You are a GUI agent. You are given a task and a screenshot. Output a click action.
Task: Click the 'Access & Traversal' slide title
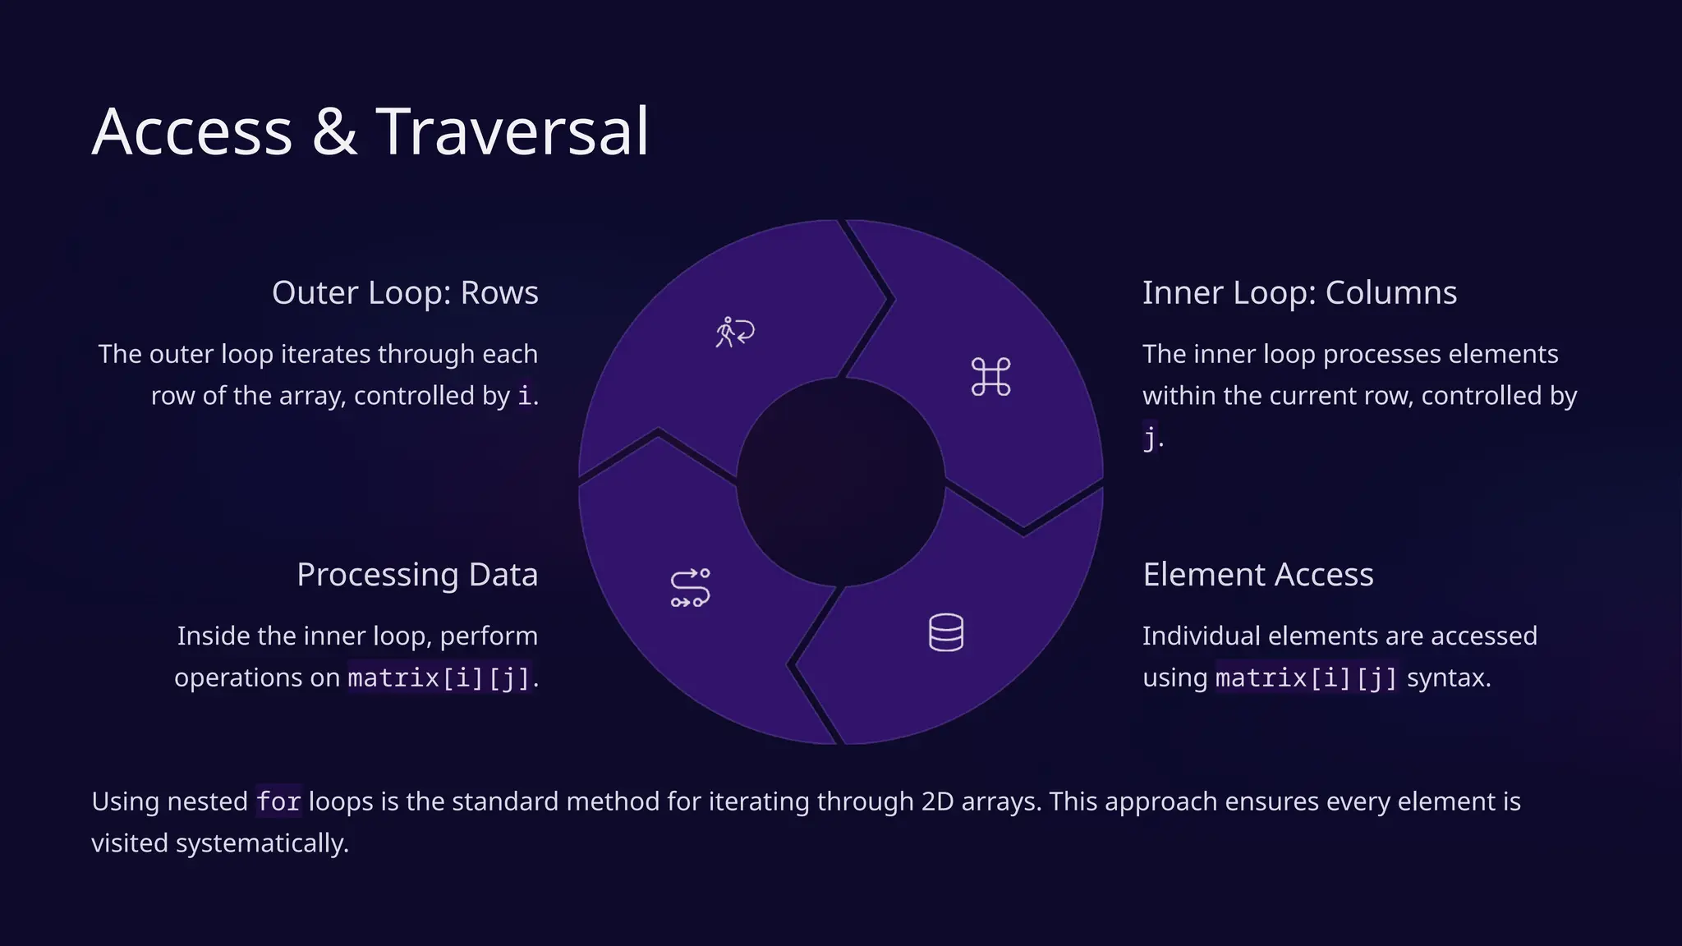tap(370, 131)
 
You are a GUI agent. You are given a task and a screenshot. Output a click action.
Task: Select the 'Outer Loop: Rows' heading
tap(405, 293)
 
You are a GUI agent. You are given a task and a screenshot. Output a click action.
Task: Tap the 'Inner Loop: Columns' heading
tap(1299, 293)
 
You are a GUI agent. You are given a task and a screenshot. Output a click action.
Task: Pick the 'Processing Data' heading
tap(417, 575)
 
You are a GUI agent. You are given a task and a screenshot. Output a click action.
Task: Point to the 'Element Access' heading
tap(1257, 575)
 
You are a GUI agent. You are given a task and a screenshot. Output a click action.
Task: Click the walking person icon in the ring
tap(734, 332)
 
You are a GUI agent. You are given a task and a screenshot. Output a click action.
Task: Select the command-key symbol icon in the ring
tap(990, 377)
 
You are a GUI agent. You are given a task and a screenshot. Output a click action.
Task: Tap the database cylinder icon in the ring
tap(945, 632)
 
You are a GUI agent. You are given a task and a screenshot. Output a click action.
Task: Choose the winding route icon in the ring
tap(690, 588)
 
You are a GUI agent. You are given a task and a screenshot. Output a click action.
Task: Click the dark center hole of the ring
tap(840, 483)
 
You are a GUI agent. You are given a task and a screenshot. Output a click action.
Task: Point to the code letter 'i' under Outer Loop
tap(525, 396)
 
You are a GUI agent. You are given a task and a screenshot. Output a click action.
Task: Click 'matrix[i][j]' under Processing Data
tap(439, 678)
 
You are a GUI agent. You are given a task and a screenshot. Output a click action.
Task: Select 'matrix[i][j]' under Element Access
tap(1306, 678)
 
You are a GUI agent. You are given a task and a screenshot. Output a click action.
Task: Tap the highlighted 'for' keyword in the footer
tap(278, 801)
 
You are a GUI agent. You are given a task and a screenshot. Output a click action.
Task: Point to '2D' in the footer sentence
tap(937, 801)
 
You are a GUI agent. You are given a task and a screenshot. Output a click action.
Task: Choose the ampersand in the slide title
tap(334, 131)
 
